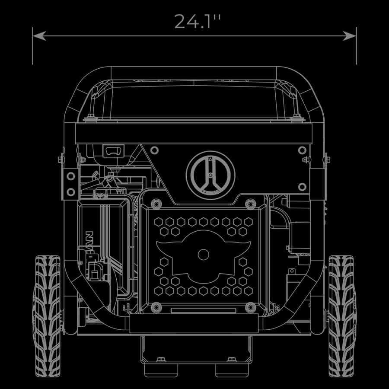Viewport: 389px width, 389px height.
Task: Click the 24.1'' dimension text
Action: pos(194,22)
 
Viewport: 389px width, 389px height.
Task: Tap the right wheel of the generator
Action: pos(341,316)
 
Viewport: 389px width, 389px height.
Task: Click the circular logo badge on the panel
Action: pos(210,175)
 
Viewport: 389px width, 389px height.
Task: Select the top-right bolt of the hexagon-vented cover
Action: pos(251,203)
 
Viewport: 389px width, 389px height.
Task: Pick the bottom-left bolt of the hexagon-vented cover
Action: pos(156,307)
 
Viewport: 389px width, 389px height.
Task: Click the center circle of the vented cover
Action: pos(204,254)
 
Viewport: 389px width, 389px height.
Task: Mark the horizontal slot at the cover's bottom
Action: pos(203,310)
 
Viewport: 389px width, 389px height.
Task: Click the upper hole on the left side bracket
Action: pos(70,176)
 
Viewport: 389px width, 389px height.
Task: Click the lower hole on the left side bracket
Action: pos(70,191)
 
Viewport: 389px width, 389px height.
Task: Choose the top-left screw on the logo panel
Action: pos(154,150)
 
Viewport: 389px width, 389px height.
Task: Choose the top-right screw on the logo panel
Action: pos(302,150)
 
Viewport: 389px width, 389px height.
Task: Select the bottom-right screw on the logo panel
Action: pos(302,187)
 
